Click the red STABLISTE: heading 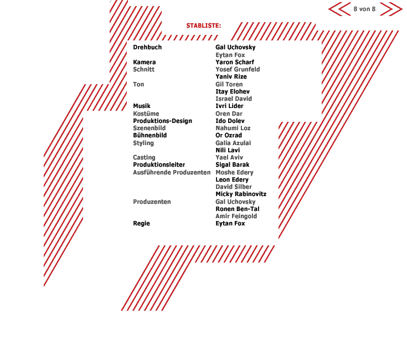tap(204, 25)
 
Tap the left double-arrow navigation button tap(339, 9)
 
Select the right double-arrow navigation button tap(391, 9)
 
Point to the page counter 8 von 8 tap(364, 9)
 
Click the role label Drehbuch tap(147, 47)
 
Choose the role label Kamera tap(145, 62)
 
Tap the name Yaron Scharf tap(235, 62)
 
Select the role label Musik tap(142, 106)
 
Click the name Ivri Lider tap(229, 106)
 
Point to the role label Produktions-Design tap(162, 121)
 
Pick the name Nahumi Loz tap(233, 128)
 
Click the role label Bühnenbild tap(150, 135)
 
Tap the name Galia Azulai tap(233, 143)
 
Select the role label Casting tap(144, 157)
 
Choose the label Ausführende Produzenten tap(172, 172)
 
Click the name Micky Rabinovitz tap(241, 194)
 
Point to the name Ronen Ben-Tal tap(237, 209)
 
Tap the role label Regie tap(141, 223)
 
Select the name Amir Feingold tap(236, 216)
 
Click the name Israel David tap(234, 99)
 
